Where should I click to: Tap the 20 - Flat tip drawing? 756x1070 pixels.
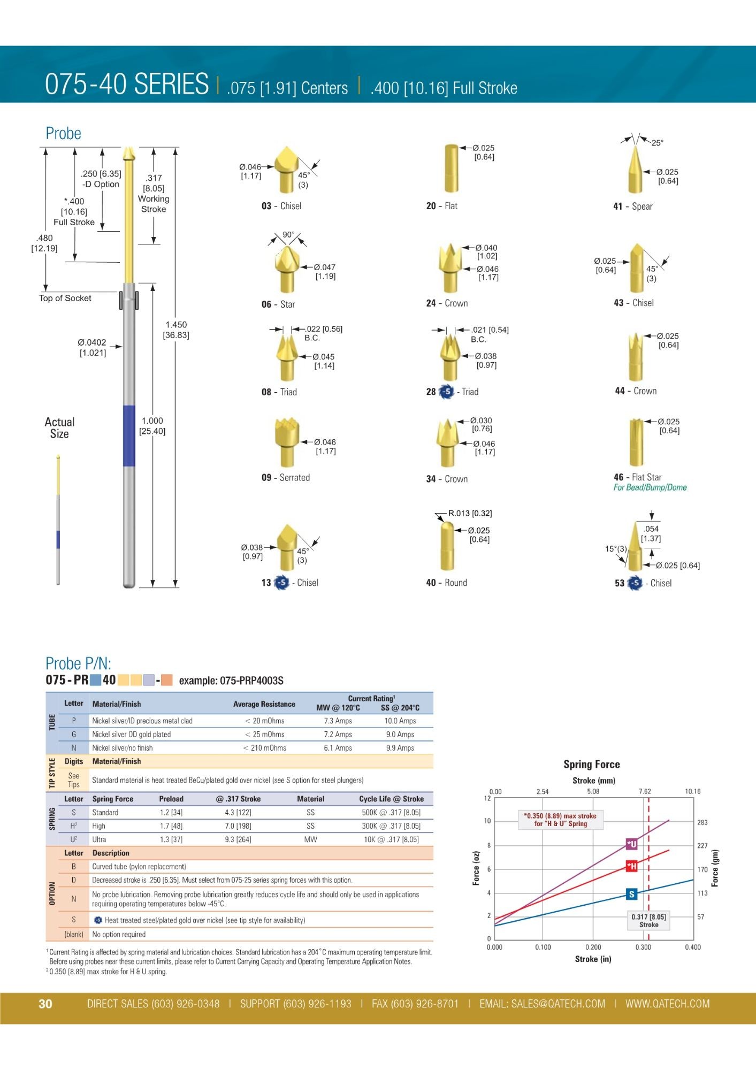(452, 168)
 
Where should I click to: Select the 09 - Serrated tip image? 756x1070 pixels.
(286, 442)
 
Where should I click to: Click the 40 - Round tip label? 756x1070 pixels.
(446, 583)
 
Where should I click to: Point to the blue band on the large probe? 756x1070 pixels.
(129, 435)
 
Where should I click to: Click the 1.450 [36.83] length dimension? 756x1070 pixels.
(176, 330)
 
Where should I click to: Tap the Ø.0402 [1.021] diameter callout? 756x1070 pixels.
(92, 347)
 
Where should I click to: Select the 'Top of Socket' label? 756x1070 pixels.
(65, 298)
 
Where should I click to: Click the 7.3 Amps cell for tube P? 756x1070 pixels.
(338, 721)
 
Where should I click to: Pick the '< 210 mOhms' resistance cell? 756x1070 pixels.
(264, 748)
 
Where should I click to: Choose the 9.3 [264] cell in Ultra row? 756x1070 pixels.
(238, 839)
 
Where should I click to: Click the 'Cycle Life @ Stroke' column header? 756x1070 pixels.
(391, 799)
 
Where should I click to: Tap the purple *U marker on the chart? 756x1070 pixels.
(632, 844)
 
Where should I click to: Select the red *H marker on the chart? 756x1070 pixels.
(632, 866)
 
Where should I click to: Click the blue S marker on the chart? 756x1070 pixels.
(632, 894)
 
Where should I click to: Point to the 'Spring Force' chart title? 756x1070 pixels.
(591, 765)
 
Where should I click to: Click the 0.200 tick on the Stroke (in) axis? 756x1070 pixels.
(593, 947)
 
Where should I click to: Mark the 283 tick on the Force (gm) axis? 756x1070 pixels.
(702, 822)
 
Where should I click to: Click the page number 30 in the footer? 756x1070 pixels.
(45, 1004)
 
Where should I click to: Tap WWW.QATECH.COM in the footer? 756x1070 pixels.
(667, 1004)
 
